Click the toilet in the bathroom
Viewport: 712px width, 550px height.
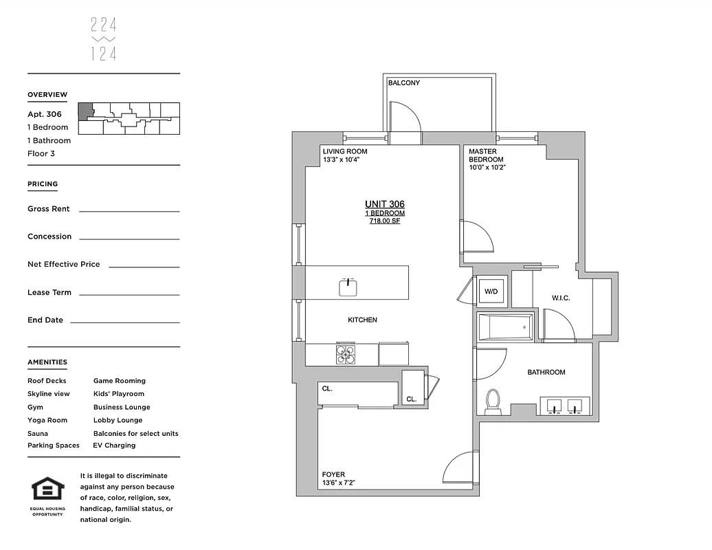pos(493,401)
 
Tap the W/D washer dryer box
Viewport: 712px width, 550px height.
pos(491,291)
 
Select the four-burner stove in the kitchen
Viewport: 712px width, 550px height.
pos(346,353)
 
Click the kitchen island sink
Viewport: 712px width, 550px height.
pos(348,287)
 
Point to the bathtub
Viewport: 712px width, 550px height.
pos(505,327)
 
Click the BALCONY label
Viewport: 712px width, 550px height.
pos(403,83)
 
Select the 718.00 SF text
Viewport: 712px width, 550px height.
pos(384,221)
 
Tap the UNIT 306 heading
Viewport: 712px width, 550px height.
pos(384,204)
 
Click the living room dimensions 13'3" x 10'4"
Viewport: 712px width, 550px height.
pos(342,160)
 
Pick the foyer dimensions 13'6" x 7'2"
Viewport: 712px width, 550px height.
pos(339,483)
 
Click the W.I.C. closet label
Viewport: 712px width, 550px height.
pos(561,298)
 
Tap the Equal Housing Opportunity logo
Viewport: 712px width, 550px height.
pos(48,494)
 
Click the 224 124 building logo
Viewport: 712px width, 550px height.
pos(104,39)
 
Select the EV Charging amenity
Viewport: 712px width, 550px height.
pos(114,445)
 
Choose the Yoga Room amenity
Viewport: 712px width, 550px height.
pos(47,420)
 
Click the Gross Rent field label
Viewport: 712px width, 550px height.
pos(48,209)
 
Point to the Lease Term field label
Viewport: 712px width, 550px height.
pos(49,293)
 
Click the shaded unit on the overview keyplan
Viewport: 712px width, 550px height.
pos(85,111)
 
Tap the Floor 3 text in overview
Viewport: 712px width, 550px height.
pos(41,154)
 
